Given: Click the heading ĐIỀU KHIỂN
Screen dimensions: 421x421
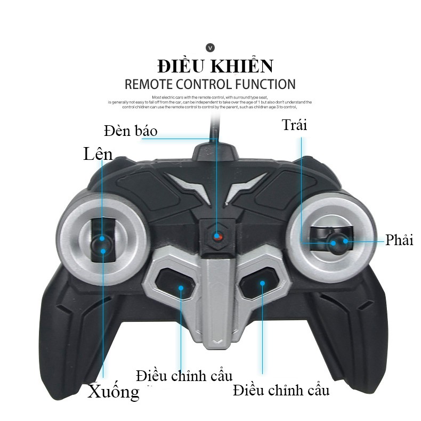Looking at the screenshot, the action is point(215,67).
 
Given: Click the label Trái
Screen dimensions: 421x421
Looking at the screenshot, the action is point(295,125).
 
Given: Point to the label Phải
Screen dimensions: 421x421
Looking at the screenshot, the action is point(399,240).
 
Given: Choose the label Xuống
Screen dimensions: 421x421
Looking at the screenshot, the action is point(113,392).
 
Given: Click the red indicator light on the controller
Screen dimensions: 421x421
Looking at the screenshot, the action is point(217,236).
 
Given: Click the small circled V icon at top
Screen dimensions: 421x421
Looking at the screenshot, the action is point(210,48).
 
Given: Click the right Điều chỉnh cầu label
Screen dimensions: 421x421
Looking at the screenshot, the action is point(281,390).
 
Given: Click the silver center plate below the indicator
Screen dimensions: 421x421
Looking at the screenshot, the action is point(216,298).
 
